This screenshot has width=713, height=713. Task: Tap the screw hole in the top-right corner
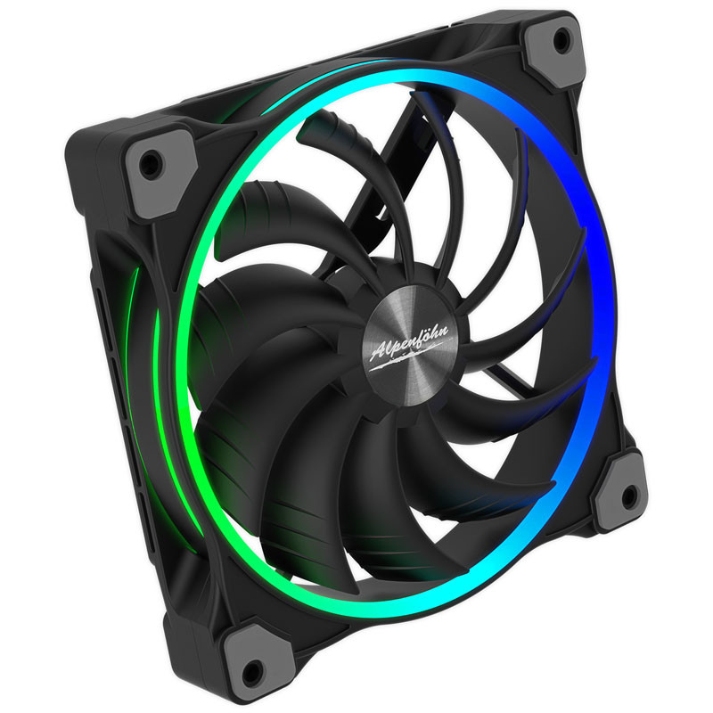tap(561, 40)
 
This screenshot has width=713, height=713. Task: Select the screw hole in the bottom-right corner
tap(629, 496)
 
